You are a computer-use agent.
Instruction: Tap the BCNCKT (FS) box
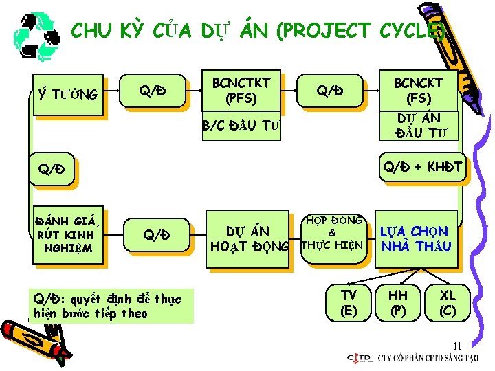coord(419,90)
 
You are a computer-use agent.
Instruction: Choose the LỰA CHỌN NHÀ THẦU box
coord(416,238)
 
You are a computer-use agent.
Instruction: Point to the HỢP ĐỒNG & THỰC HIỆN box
coord(332,233)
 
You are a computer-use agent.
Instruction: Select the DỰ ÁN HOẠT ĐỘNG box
coord(250,238)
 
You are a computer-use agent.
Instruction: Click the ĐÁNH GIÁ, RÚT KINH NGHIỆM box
coord(69,234)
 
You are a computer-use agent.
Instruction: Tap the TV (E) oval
coord(349,302)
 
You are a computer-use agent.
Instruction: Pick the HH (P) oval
coord(398,302)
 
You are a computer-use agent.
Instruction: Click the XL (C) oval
coord(448,302)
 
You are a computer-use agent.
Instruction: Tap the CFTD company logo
coord(360,357)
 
